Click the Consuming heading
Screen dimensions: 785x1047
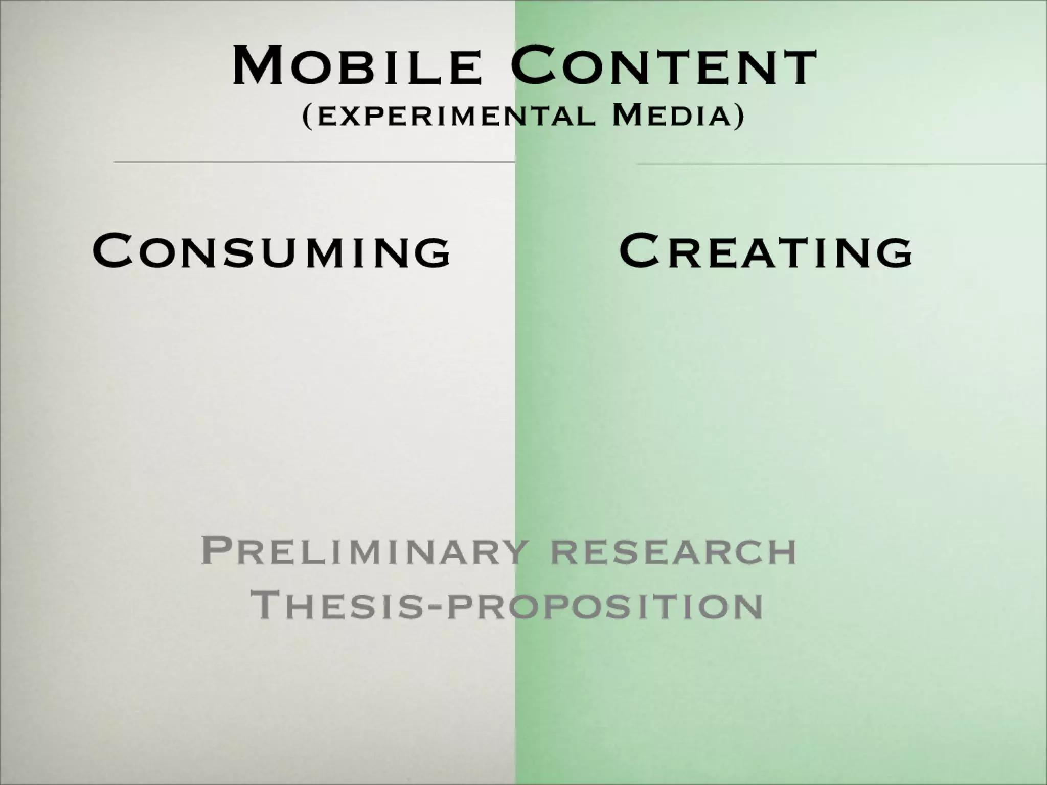271,250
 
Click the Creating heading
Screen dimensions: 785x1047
765,250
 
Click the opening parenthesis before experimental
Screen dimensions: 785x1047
307,117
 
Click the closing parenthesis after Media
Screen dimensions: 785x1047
739,117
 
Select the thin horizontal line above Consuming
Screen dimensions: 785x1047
314,162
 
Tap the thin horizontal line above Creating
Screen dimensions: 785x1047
841,164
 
